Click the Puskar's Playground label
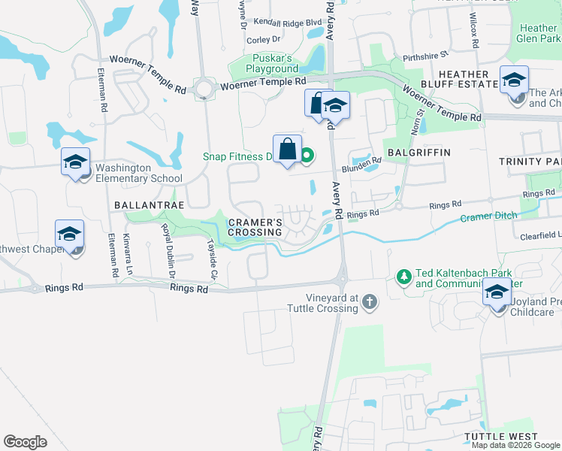click(x=274, y=63)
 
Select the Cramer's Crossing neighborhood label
click(x=255, y=227)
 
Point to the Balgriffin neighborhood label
click(x=418, y=152)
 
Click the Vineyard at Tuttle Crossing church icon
click(x=368, y=302)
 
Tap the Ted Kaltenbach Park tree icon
click(x=404, y=277)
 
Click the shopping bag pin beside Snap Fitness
click(x=287, y=149)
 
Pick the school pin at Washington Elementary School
click(x=76, y=162)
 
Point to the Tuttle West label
click(x=500, y=437)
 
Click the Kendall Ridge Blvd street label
click(x=288, y=23)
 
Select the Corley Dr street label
click(x=263, y=39)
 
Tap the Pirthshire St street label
click(x=425, y=55)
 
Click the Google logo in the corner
click(x=25, y=441)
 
